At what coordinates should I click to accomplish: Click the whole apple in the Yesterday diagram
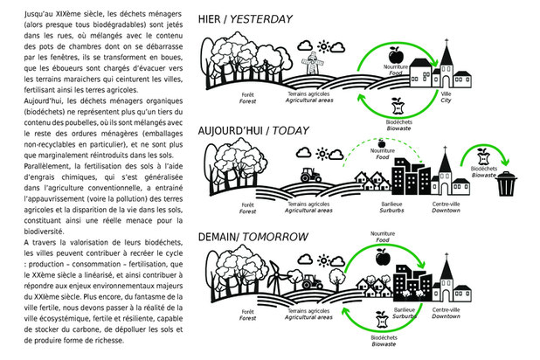[x=392, y=51]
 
